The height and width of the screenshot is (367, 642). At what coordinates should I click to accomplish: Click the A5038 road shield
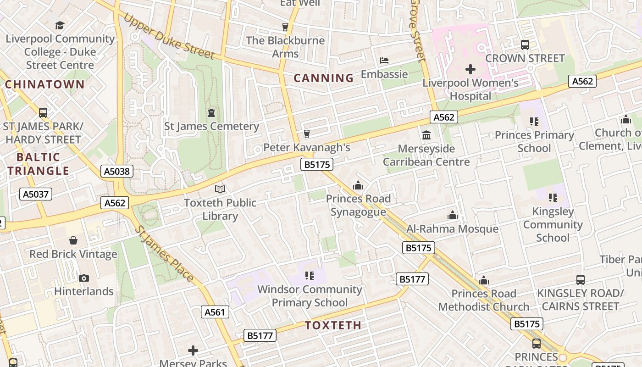[x=117, y=172]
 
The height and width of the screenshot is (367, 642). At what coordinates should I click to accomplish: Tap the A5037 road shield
[x=36, y=194]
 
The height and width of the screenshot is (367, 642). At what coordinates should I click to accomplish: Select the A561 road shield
[x=215, y=312]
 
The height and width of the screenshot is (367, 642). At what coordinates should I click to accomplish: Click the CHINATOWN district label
[x=45, y=84]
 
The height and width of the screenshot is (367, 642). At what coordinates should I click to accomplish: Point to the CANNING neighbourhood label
[x=324, y=78]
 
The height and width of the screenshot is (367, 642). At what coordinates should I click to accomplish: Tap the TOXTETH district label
[x=333, y=325]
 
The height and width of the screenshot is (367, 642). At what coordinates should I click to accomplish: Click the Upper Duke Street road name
[x=169, y=36]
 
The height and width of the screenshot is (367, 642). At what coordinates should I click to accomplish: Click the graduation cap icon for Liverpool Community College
[x=60, y=25]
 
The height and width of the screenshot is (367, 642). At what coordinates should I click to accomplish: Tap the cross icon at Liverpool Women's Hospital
[x=470, y=70]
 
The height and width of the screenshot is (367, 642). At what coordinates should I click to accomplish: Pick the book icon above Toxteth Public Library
[x=220, y=189]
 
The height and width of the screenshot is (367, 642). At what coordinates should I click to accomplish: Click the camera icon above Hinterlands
[x=83, y=278]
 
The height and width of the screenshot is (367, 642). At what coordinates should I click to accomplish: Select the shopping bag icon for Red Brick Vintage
[x=73, y=240]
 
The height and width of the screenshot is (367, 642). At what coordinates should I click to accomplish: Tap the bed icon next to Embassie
[x=384, y=61]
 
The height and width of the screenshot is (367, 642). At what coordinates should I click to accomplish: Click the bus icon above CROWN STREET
[x=525, y=45]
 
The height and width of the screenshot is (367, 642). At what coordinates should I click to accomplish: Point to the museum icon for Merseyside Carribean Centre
[x=426, y=135]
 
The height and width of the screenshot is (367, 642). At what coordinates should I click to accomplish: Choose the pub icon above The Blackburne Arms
[x=285, y=27]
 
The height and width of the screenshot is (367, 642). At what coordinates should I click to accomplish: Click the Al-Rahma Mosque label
[x=452, y=229]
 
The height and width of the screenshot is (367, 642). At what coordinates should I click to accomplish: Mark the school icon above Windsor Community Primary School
[x=310, y=276]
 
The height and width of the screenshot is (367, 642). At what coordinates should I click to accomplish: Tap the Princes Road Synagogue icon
[x=358, y=186]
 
